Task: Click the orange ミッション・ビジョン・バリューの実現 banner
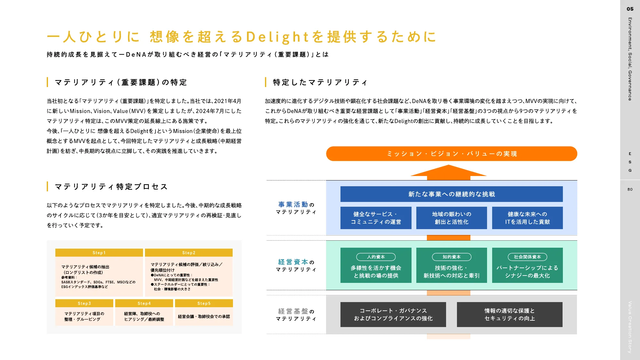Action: point(452,154)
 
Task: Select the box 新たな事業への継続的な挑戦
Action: point(452,194)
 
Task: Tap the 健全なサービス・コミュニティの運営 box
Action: point(376,218)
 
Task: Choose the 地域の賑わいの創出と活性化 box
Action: point(452,218)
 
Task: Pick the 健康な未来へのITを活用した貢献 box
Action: point(527,218)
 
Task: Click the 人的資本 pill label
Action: point(376,257)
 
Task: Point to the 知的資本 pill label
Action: point(452,257)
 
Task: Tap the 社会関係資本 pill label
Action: point(527,257)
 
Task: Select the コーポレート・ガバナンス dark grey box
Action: point(393,314)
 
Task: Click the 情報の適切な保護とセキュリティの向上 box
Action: point(509,314)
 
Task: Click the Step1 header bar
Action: point(99,252)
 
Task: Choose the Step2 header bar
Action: point(189,252)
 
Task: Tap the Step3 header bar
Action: point(84,303)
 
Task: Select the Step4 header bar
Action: point(144,303)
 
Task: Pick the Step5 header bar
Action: point(204,303)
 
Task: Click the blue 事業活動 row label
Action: point(293,204)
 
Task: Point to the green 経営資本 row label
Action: point(293,262)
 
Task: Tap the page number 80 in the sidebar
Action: point(630,189)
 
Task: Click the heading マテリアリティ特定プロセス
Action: point(111,187)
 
